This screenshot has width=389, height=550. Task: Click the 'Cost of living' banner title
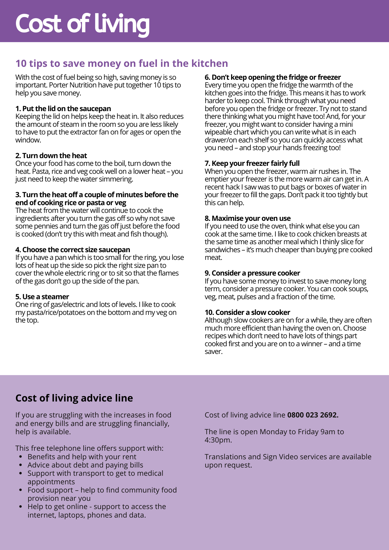pos(82,24)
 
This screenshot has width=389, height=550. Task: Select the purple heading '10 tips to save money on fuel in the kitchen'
pos(122,63)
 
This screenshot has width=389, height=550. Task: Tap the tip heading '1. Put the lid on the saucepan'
pos(63,109)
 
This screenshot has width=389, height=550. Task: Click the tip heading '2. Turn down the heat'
pos(51,156)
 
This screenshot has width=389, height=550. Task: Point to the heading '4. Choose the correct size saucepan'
pos(73,250)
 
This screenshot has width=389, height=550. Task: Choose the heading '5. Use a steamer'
pos(42,297)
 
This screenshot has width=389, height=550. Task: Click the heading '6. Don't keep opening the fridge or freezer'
pos(273,77)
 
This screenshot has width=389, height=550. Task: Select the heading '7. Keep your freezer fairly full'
pos(252,163)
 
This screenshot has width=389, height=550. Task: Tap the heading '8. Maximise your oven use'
pos(248,218)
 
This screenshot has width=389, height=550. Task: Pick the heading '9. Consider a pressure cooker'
pos(252,273)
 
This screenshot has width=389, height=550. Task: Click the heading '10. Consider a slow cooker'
pos(247,312)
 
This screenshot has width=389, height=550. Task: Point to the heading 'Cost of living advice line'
pos(74,398)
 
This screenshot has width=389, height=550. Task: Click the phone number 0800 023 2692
pos(313,415)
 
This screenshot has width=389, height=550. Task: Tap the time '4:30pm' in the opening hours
pos(218,440)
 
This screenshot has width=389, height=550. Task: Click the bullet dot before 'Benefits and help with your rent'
pos(21,457)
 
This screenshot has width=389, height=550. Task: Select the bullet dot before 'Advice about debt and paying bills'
pos(21,465)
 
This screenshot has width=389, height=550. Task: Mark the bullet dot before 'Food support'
pos(21,490)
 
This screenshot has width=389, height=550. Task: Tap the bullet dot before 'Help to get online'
pos(21,507)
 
